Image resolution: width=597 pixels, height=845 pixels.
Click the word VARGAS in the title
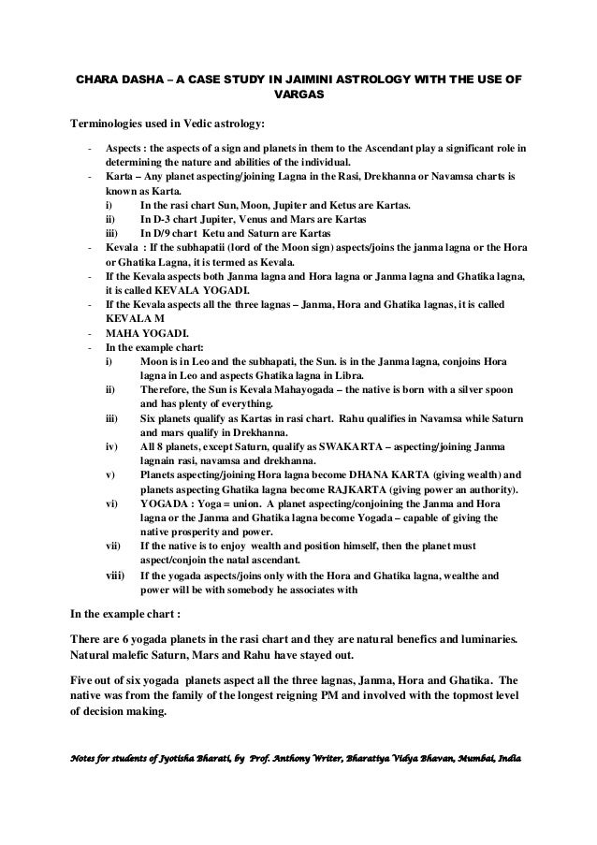coord(296,94)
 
